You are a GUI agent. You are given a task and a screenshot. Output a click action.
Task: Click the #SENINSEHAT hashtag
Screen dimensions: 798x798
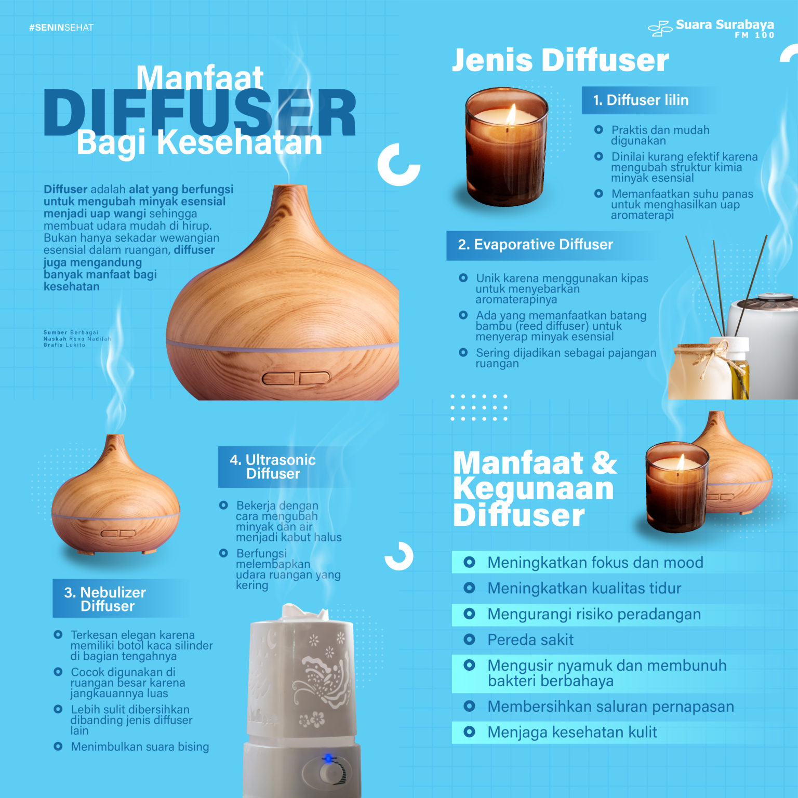pyautogui.click(x=61, y=28)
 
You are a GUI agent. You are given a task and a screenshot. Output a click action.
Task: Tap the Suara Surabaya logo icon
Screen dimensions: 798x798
pyautogui.click(x=660, y=28)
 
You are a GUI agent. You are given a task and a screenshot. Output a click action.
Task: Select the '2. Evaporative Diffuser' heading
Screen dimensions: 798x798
pyautogui.click(x=535, y=245)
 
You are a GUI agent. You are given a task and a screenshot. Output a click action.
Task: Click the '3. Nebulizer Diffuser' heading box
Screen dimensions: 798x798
pyautogui.click(x=105, y=599)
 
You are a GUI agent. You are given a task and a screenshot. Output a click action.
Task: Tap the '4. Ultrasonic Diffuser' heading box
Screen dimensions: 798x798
pyautogui.click(x=273, y=467)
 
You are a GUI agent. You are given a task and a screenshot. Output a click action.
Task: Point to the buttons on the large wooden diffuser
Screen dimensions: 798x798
pyautogui.click(x=295, y=378)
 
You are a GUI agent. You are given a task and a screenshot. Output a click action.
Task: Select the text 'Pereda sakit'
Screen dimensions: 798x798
pyautogui.click(x=530, y=640)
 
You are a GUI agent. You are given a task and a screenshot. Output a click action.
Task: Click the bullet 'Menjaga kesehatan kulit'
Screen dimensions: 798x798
pyautogui.click(x=571, y=733)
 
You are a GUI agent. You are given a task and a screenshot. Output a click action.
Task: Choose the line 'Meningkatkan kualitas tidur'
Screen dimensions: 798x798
pyautogui.click(x=584, y=589)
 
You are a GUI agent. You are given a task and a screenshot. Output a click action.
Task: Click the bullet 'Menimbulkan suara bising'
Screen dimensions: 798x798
pyautogui.click(x=139, y=747)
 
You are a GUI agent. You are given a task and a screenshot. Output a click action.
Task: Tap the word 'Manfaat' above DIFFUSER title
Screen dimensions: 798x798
pyautogui.click(x=200, y=78)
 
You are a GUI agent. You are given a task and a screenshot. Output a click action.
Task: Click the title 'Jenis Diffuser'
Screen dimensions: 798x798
pyautogui.click(x=560, y=60)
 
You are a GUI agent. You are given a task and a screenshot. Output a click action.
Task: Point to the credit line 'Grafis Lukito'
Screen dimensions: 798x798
pyautogui.click(x=64, y=345)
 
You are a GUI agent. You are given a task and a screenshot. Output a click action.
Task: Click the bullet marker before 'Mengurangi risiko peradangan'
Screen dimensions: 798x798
pyautogui.click(x=469, y=614)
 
